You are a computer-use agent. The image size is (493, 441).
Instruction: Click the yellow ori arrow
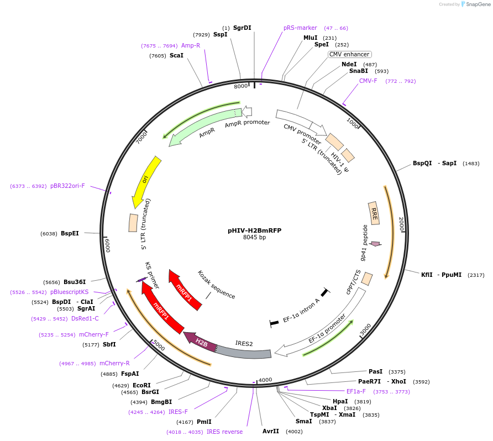(146, 180)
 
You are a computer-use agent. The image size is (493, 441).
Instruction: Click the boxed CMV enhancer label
(349, 54)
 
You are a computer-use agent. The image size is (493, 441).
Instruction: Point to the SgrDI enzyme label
(242, 28)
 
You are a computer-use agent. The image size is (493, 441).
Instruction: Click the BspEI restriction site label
(70, 233)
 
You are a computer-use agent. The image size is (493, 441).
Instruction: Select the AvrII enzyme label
(271, 431)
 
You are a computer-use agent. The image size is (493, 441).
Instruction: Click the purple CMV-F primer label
(368, 81)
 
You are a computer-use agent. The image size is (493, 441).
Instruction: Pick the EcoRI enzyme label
(141, 385)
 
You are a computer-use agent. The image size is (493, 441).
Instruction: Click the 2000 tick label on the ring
(402, 224)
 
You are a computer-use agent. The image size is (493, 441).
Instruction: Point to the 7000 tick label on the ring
(141, 136)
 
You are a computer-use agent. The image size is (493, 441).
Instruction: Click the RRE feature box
(374, 213)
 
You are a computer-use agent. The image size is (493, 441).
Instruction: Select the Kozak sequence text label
(217, 285)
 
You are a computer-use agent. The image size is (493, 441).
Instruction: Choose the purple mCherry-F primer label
(94, 334)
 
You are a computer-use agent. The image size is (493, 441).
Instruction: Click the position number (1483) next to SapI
(471, 164)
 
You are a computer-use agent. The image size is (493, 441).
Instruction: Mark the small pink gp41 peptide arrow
(376, 244)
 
